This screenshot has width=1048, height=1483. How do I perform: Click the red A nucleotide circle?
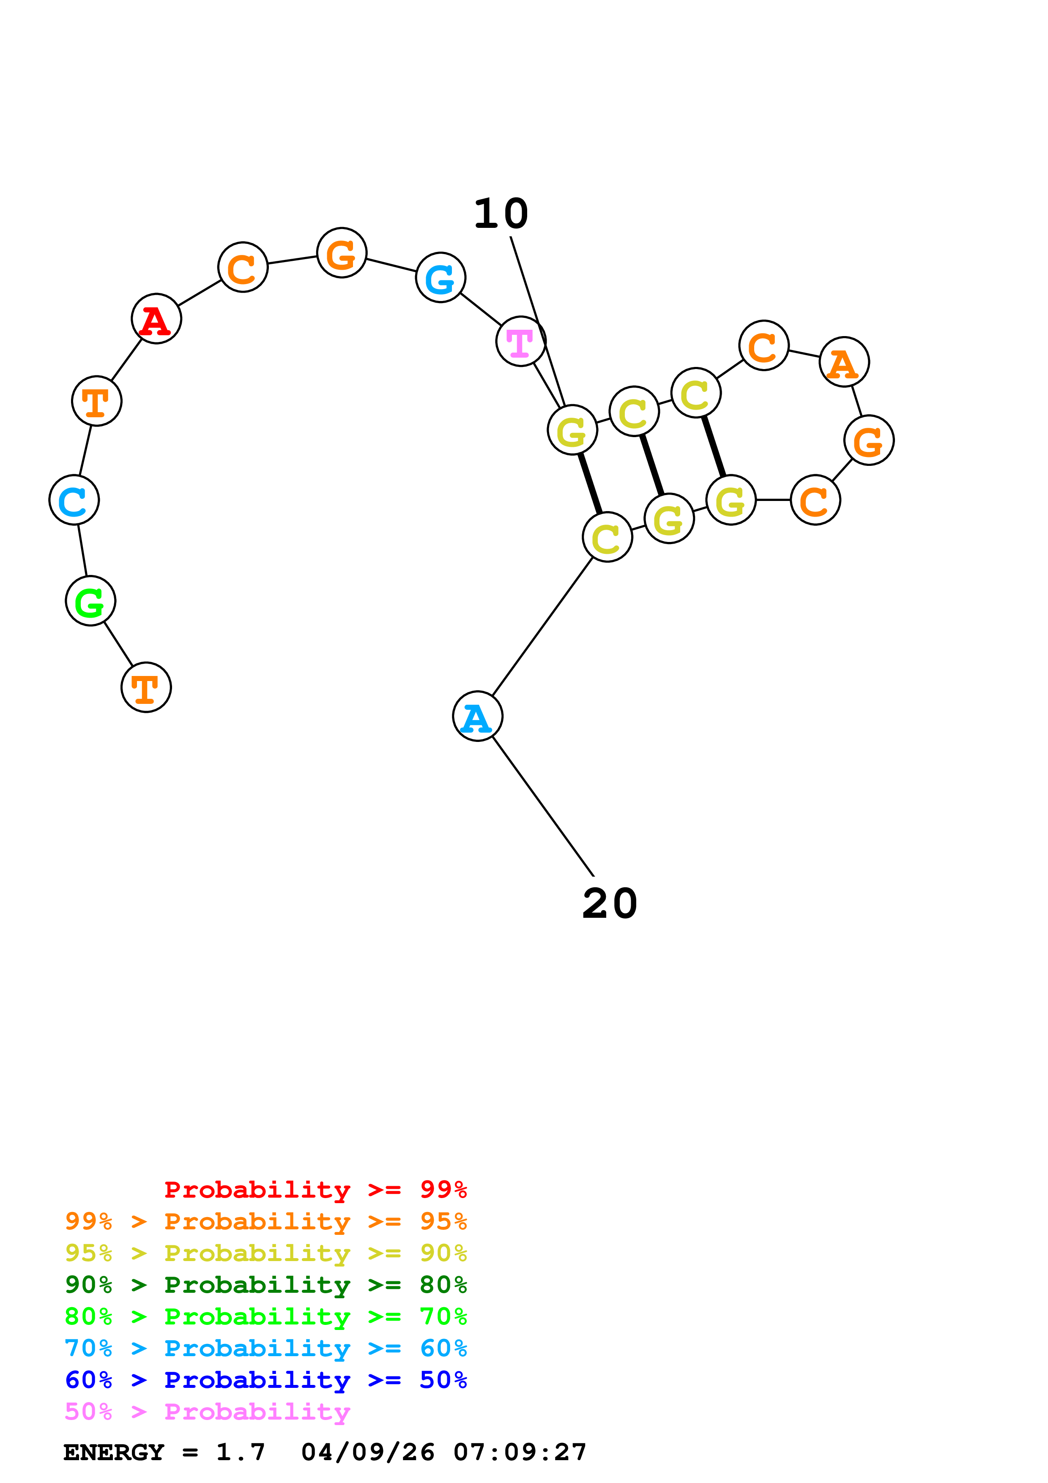tap(156, 319)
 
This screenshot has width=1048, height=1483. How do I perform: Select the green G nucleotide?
tap(90, 601)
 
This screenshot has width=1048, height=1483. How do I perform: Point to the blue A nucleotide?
tap(478, 716)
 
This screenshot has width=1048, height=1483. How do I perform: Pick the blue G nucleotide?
tap(441, 278)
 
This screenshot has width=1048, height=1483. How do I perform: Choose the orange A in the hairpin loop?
tap(844, 362)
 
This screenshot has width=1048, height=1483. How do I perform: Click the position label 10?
tap(501, 214)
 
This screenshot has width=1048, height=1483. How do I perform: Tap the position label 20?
tap(610, 903)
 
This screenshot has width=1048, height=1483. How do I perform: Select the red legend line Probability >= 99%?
tap(315, 1189)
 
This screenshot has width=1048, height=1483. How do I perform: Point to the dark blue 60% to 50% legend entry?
tap(266, 1380)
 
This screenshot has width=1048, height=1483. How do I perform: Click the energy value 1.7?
tap(240, 1452)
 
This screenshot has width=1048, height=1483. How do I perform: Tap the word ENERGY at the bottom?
tap(114, 1452)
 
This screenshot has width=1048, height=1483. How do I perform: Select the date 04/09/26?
tap(367, 1452)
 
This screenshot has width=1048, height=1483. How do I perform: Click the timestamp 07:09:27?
tap(520, 1452)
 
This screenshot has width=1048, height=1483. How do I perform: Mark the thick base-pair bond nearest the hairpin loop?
tap(714, 446)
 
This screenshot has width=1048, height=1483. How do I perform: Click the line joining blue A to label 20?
tap(542, 805)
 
